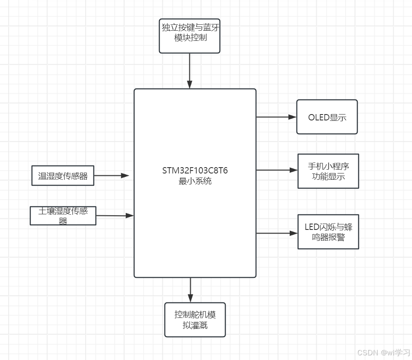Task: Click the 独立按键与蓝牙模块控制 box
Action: (190, 36)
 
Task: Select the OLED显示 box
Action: (327, 117)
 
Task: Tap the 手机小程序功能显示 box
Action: (328, 171)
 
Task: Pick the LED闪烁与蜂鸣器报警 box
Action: (328, 232)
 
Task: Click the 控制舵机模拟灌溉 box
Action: (195, 320)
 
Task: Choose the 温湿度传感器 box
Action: (63, 176)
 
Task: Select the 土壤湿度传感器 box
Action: (63, 216)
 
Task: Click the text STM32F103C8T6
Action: (195, 171)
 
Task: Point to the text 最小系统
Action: (195, 181)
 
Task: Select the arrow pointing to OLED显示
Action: (276, 117)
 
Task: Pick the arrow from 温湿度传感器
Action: (111, 176)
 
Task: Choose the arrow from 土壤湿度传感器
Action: (114, 216)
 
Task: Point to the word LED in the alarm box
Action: (312, 227)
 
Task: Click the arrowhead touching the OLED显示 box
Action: (293, 117)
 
